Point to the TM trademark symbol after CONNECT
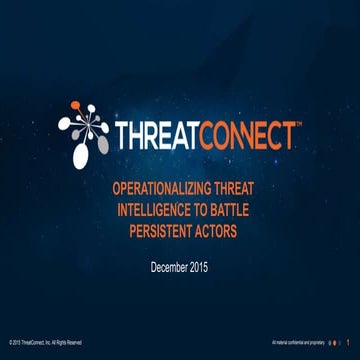point(298,126)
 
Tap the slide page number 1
point(347,342)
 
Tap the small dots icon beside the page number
point(331,342)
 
